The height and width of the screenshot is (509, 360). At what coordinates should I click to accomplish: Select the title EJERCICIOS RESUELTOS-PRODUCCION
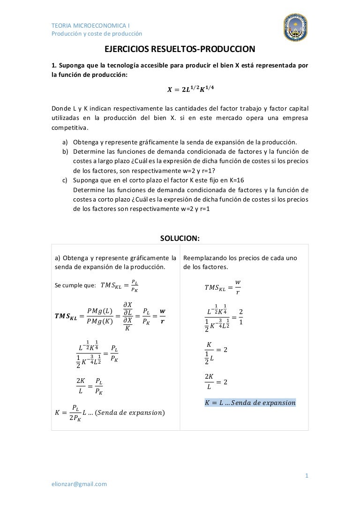[180, 49]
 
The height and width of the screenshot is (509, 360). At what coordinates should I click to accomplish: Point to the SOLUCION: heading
[180, 238]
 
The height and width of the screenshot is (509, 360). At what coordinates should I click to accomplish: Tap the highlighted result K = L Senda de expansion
[250, 403]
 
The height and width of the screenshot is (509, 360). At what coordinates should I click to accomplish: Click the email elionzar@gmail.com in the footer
[79, 484]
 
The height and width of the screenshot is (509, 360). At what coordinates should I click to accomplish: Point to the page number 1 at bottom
[307, 476]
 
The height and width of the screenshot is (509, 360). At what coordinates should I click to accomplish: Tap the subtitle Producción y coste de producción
[97, 33]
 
